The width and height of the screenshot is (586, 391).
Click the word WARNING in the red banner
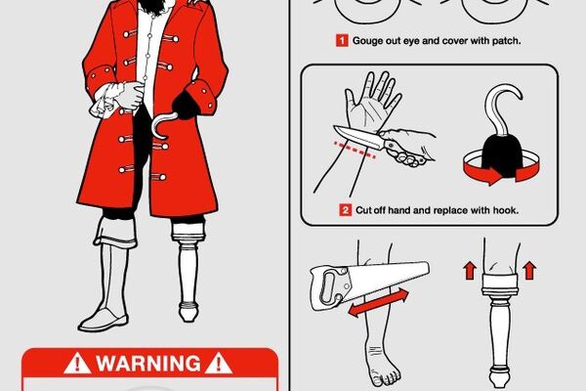pos(148,363)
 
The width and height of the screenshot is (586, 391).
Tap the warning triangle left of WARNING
pos(77,364)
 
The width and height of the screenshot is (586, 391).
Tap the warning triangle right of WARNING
pos(219,364)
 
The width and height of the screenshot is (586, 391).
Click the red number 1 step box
pos(342,40)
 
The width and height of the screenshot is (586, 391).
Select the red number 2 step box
pos(345,210)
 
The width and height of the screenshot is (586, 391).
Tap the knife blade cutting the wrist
pos(357,137)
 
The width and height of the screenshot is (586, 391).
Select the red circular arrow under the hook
pos(501,169)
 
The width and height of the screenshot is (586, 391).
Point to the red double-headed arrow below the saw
pos(378,302)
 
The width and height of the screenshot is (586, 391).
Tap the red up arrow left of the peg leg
pos(470,271)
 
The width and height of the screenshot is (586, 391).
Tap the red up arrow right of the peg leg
pos(529,271)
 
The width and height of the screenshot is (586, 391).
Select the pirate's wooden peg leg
pos(188,270)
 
